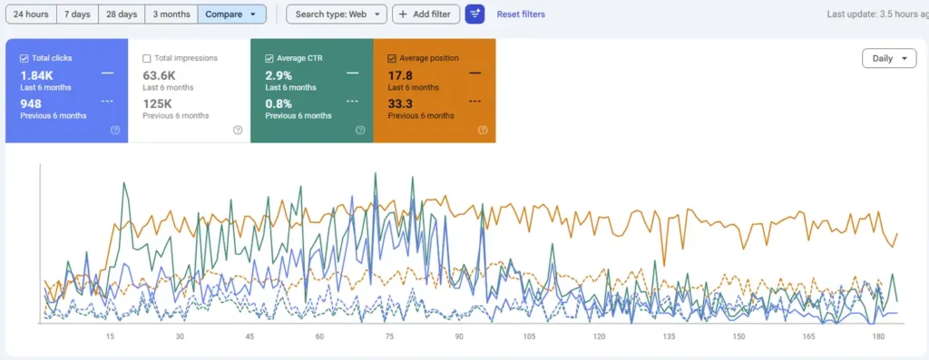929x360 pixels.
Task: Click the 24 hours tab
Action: tap(31, 15)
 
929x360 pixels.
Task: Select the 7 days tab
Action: tap(77, 15)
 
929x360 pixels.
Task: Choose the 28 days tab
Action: tap(122, 15)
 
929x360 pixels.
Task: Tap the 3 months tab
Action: tap(171, 15)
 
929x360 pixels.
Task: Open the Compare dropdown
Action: tap(231, 15)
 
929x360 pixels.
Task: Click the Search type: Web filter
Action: tap(336, 15)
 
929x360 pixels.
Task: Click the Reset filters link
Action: tap(521, 15)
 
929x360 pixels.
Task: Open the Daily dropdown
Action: tap(888, 58)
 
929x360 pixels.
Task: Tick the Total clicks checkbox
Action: tap(24, 58)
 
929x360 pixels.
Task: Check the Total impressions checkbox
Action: tap(147, 58)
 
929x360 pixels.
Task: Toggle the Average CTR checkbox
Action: tap(269, 58)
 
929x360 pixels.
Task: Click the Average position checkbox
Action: tap(392, 58)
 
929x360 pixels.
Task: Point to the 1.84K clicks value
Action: tap(36, 74)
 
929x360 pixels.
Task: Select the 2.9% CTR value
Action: tap(278, 74)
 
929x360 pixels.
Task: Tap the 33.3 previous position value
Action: tap(400, 103)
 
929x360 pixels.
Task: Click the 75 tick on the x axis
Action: tap(389, 336)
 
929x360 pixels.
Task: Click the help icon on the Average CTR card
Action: tap(360, 130)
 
